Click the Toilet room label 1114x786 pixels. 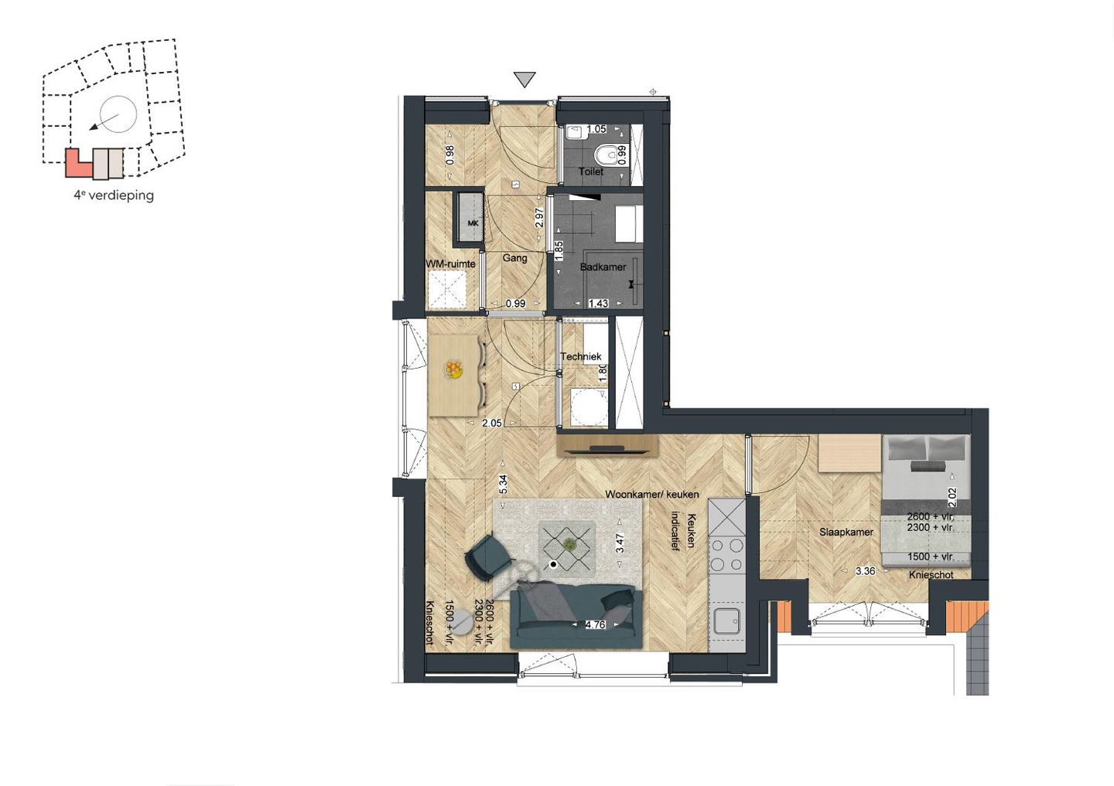(x=591, y=171)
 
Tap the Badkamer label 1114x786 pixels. (x=603, y=267)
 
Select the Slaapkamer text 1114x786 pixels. (x=846, y=532)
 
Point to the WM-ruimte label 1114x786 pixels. (x=450, y=264)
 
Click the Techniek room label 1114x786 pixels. (x=580, y=356)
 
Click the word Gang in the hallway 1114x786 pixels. (x=514, y=257)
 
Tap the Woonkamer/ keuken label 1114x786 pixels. (x=651, y=494)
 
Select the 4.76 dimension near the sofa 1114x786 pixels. (x=595, y=624)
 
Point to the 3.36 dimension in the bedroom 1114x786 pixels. (x=865, y=571)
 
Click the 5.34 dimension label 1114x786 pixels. (x=503, y=485)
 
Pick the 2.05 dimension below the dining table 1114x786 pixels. (x=492, y=423)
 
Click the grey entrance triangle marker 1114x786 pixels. (x=525, y=79)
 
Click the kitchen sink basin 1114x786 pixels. (x=726, y=621)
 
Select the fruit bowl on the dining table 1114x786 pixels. (x=453, y=370)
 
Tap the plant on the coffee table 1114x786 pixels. (x=569, y=544)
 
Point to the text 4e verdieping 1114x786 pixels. (x=114, y=196)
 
